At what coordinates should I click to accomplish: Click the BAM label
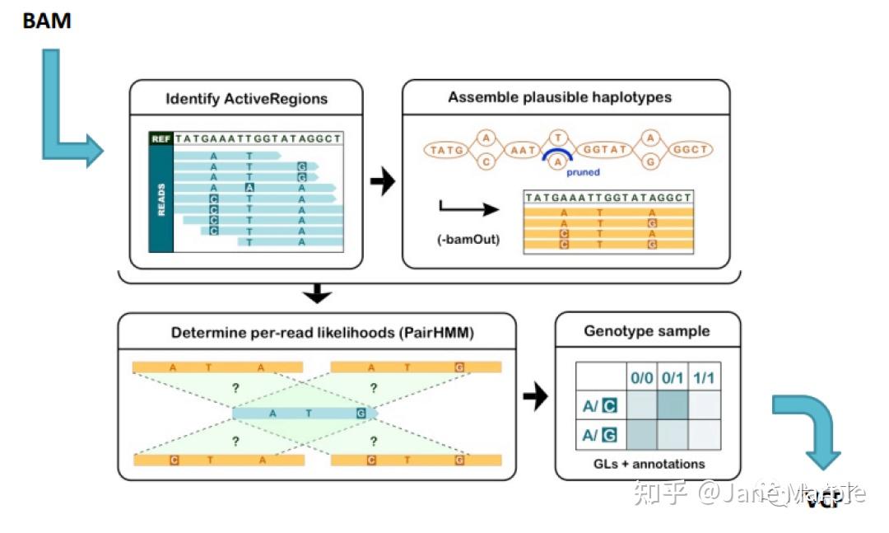[x=46, y=21]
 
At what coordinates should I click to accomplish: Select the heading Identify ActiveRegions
[x=246, y=99]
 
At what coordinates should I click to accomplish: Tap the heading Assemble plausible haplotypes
[x=560, y=97]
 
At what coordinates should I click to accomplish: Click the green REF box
[x=161, y=139]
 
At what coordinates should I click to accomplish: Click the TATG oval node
[x=446, y=150]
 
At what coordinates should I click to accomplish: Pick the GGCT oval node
[x=690, y=150]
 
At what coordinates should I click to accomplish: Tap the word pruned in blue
[x=583, y=172]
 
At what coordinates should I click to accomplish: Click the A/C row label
[x=599, y=404]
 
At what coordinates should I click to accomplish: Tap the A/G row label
[x=599, y=434]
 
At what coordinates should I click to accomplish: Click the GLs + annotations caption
[x=649, y=464]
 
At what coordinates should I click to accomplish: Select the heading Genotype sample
[x=647, y=331]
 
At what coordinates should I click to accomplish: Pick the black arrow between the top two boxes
[x=382, y=183]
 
